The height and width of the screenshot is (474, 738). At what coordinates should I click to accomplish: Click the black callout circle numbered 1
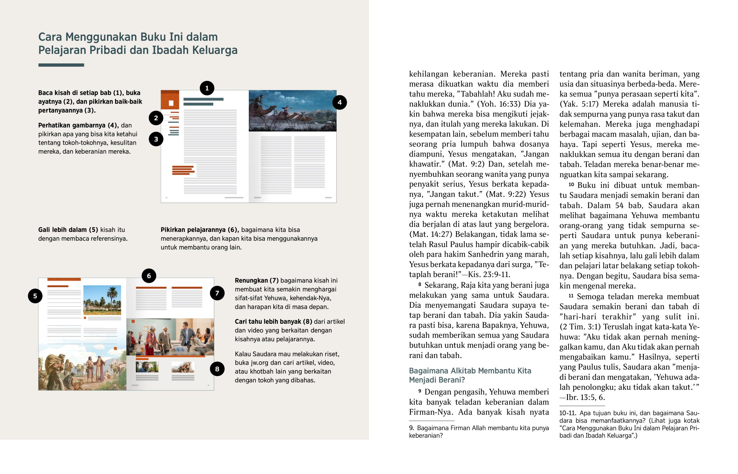[x=207, y=88]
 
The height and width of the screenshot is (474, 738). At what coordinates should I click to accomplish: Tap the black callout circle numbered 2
[x=156, y=118]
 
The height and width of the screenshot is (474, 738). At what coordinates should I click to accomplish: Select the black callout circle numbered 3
[x=156, y=139]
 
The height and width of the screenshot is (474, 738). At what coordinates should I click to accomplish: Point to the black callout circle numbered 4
[x=339, y=103]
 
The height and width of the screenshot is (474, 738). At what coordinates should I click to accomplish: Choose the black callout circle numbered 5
[x=35, y=296]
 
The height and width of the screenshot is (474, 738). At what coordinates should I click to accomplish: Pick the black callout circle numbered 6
[x=149, y=276]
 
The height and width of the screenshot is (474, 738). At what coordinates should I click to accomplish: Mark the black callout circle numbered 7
[x=217, y=293]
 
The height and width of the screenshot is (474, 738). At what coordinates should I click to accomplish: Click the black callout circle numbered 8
[x=217, y=369]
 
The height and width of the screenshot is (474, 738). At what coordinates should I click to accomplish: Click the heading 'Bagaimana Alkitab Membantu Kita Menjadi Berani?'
[x=470, y=375]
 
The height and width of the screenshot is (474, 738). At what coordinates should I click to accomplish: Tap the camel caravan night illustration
[x=292, y=111]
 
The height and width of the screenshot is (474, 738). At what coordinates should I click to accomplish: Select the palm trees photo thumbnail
[x=102, y=300]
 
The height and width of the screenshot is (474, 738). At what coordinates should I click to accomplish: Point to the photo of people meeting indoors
[x=170, y=337]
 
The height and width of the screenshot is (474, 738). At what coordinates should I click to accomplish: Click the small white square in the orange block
[x=171, y=103]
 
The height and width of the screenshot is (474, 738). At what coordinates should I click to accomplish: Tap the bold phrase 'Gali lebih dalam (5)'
[x=68, y=229]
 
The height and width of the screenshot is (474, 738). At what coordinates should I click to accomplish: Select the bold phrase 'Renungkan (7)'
[x=256, y=280]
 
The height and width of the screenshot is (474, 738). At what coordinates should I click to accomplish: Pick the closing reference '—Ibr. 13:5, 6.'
[x=582, y=398]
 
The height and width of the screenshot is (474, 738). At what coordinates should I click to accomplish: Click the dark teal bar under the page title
[x=61, y=65]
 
